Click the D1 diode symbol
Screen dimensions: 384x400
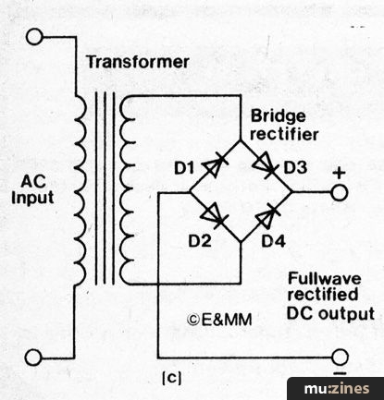(216, 166)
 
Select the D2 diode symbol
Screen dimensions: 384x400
(215, 216)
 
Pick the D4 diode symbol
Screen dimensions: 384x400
(267, 216)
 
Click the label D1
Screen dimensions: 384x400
(184, 168)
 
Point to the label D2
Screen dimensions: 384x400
(200, 241)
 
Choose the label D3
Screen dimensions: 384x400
(295, 167)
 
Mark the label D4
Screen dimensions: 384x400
(273, 241)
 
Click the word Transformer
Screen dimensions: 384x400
(138, 62)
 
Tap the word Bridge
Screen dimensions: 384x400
(279, 116)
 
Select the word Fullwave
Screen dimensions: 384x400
(324, 278)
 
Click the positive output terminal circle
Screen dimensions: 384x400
(340, 193)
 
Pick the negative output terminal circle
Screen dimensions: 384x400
(341, 358)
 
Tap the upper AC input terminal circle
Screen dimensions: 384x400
(34, 37)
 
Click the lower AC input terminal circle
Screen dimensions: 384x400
(33, 358)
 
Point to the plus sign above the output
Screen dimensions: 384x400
(340, 174)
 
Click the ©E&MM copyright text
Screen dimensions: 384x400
(219, 320)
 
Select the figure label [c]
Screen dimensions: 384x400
(172, 378)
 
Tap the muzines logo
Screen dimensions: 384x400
(336, 389)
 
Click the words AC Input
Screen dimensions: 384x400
(32, 189)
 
